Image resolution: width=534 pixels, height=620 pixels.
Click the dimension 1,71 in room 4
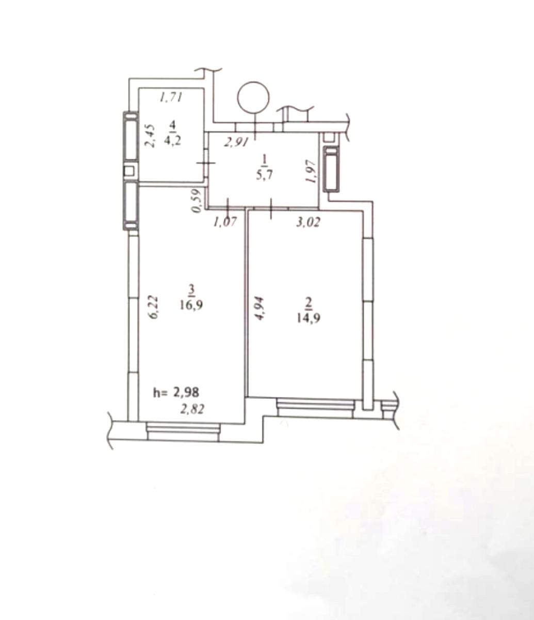(x=171, y=98)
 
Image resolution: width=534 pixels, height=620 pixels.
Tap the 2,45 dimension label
(x=150, y=136)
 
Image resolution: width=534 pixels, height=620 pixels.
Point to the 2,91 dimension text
(x=236, y=142)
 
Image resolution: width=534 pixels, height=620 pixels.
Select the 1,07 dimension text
(x=225, y=222)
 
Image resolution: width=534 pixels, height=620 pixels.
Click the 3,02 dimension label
(x=309, y=222)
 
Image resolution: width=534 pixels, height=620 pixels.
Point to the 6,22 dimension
(x=153, y=307)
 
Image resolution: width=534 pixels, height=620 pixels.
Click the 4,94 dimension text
(x=260, y=308)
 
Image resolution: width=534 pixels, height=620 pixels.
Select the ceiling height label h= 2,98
(x=176, y=392)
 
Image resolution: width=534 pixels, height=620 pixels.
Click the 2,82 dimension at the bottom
(x=192, y=409)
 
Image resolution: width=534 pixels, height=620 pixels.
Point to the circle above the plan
(x=253, y=98)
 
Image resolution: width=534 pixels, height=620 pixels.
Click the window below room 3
(x=183, y=431)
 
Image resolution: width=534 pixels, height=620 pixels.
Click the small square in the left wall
(x=129, y=171)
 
